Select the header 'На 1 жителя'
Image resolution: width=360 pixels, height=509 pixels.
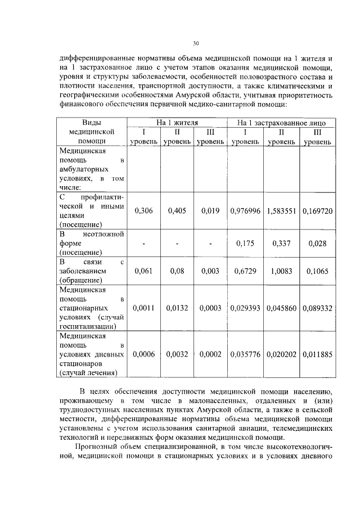pos(177,122)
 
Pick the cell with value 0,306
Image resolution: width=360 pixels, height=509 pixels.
pos(143,210)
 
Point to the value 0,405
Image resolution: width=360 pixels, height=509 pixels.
pos(177,210)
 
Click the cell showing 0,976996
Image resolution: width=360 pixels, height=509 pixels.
pos(245,210)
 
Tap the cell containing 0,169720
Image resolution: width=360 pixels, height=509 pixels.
pos(317,210)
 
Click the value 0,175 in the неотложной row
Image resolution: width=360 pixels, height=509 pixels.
pos(245,243)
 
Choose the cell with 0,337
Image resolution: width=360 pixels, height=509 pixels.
pos(281,243)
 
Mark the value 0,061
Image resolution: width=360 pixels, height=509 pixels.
pos(143,271)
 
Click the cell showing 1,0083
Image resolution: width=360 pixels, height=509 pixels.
pos(281,271)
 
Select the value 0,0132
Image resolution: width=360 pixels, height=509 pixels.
pos(177,308)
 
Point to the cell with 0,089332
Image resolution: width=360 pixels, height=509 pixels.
pos(317,308)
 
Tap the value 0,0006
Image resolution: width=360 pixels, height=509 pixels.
pos(143,354)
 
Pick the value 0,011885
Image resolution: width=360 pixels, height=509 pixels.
pos(317,354)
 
